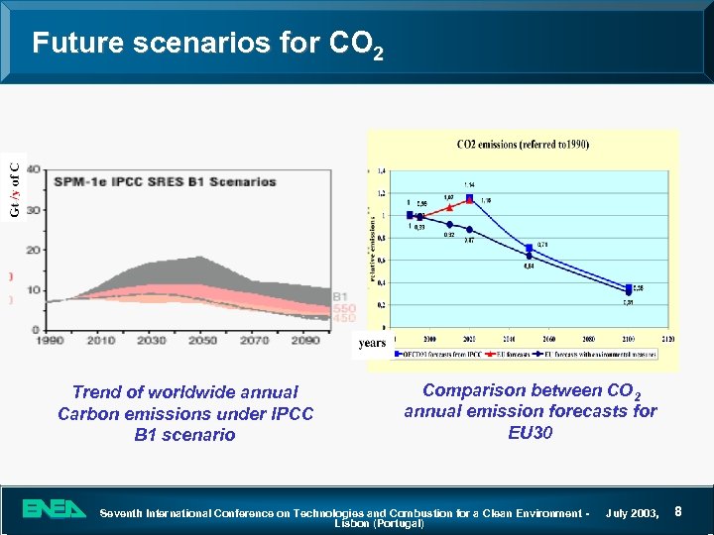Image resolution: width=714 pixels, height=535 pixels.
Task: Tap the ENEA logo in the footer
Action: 56,509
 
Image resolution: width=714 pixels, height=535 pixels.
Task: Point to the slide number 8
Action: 678,511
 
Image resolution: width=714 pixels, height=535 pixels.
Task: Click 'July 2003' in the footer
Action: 635,512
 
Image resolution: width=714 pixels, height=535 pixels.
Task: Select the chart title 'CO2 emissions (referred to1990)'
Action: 523,145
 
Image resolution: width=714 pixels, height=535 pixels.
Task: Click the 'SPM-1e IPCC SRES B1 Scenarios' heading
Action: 165,181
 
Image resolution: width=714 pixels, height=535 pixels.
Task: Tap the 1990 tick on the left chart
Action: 48,340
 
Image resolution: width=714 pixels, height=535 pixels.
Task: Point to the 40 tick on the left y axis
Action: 34,169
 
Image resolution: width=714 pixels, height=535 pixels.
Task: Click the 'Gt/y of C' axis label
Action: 14,190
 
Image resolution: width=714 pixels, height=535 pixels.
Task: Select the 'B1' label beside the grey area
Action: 340,296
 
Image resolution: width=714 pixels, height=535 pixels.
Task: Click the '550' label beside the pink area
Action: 343,308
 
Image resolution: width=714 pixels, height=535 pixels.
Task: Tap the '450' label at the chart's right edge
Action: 343,319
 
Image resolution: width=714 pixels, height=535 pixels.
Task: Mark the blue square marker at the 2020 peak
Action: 469,198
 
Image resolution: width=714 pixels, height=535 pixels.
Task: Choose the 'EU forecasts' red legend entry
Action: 504,354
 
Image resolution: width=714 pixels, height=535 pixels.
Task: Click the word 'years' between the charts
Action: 372,345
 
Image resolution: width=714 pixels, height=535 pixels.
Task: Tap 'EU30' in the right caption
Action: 530,432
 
